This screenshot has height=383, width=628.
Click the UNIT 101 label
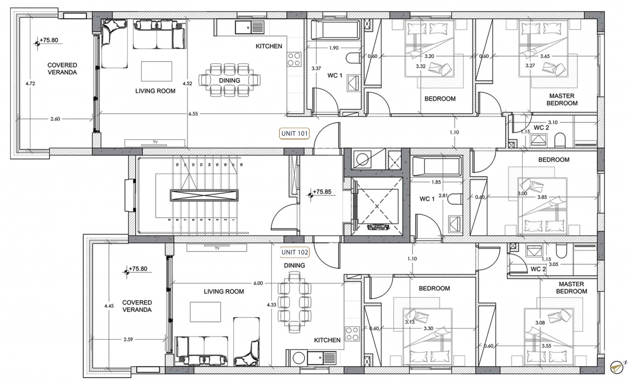(x=294, y=133)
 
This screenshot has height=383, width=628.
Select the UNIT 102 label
(x=295, y=252)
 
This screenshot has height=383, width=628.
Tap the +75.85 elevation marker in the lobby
(x=322, y=192)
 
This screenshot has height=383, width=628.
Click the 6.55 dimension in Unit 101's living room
(x=193, y=114)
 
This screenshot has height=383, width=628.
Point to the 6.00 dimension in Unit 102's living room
(x=258, y=283)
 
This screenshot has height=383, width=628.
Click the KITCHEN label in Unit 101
(x=269, y=46)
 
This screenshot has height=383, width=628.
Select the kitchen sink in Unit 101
(x=250, y=27)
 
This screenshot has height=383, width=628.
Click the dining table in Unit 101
(x=229, y=80)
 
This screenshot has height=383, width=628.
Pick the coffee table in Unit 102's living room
(x=205, y=312)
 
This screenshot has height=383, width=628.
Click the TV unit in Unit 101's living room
(x=155, y=143)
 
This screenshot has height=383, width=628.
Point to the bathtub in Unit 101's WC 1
(x=336, y=29)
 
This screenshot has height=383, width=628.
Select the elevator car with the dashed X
(x=377, y=206)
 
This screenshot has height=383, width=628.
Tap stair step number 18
(x=241, y=165)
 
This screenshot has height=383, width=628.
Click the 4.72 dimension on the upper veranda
(x=30, y=83)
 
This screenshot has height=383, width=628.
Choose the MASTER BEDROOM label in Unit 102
(x=571, y=288)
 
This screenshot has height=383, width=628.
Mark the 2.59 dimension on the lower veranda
(x=128, y=339)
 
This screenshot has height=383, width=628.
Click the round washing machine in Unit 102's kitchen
(x=299, y=358)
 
